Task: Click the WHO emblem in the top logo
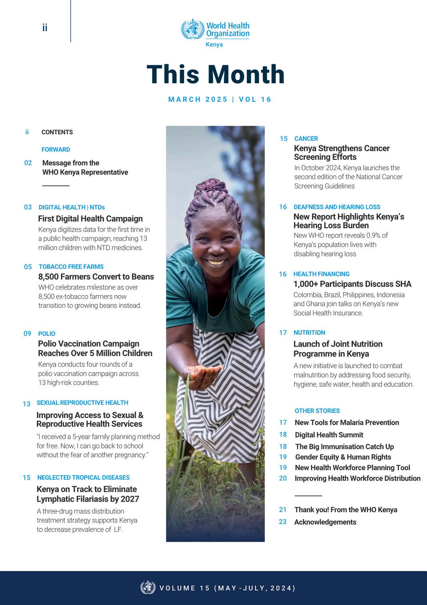pyautogui.click(x=193, y=29)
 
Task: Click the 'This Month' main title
pyautogui.click(x=216, y=74)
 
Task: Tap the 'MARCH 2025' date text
pyautogui.click(x=198, y=99)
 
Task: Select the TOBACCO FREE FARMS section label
pyautogui.click(x=71, y=267)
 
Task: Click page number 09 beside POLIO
pyautogui.click(x=27, y=334)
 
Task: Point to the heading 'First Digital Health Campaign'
pyautogui.click(x=90, y=219)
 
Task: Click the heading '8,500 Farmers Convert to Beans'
pyautogui.click(x=96, y=277)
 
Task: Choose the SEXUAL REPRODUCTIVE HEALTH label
pyautogui.click(x=82, y=403)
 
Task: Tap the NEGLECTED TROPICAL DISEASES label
pyautogui.click(x=83, y=478)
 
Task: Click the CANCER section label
pyautogui.click(x=306, y=139)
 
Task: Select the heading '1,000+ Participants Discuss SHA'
pyautogui.click(x=352, y=284)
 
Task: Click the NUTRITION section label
pyautogui.click(x=309, y=333)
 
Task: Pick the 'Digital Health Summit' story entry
pyautogui.click(x=329, y=435)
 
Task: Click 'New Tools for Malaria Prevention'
pyautogui.click(x=347, y=422)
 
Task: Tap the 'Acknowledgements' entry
pyautogui.click(x=325, y=522)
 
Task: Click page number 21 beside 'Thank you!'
pyautogui.click(x=283, y=510)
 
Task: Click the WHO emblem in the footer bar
pyautogui.click(x=148, y=587)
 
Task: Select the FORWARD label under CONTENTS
pyautogui.click(x=56, y=149)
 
